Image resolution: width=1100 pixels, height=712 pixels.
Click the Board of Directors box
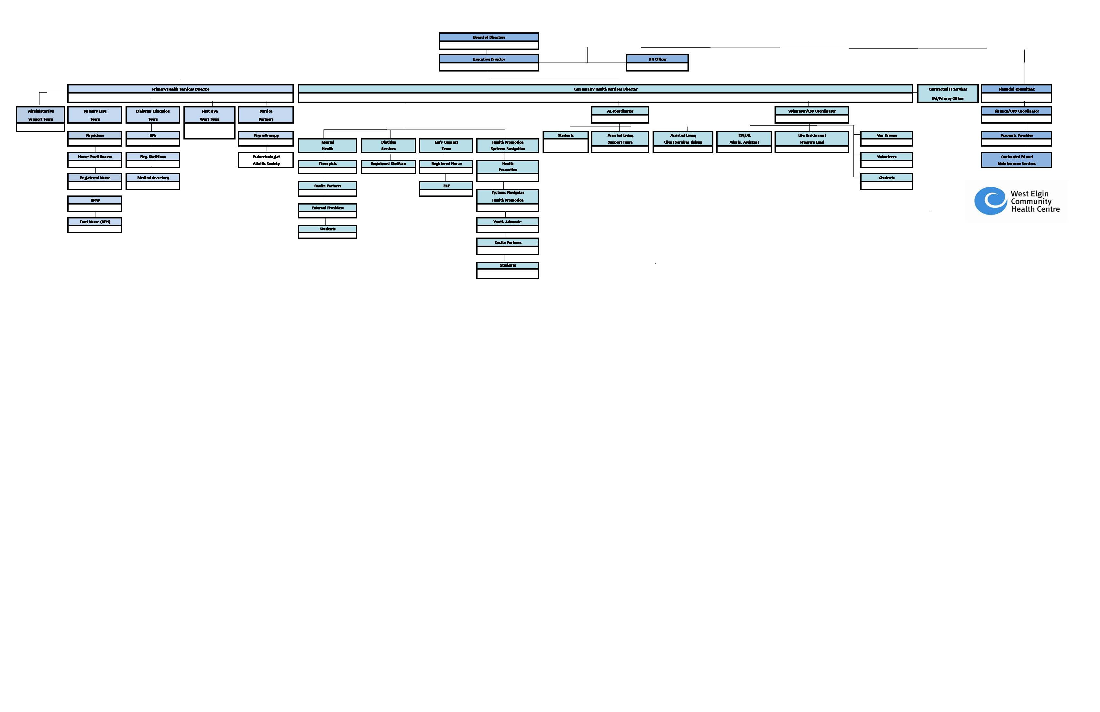489,41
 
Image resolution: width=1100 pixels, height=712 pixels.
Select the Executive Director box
489,63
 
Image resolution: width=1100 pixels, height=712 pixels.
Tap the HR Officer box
657,63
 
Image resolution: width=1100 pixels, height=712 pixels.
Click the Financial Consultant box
1016,93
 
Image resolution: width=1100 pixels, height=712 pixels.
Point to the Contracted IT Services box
948,94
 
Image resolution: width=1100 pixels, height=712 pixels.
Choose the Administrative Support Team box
40,119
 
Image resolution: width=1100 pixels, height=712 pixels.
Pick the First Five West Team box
209,122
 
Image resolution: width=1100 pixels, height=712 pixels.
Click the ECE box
446,189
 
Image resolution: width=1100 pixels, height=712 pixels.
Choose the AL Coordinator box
620,115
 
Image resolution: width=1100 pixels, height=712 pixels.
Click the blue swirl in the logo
990,201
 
